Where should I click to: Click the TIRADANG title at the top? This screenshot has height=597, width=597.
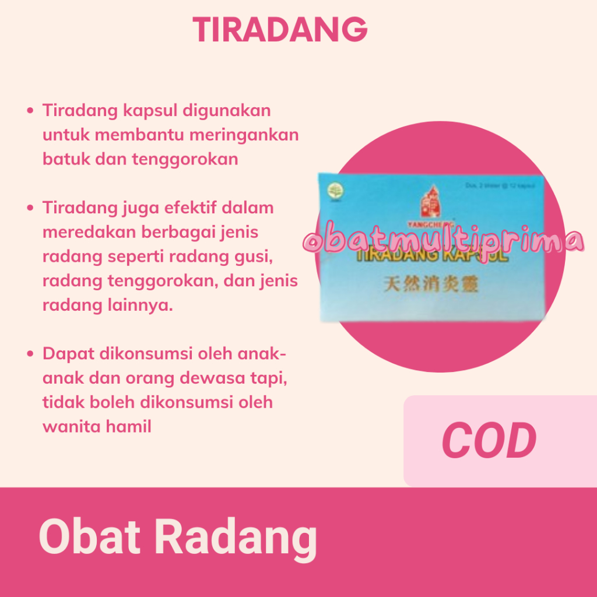[x=280, y=29]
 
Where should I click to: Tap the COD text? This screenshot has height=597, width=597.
[x=489, y=441]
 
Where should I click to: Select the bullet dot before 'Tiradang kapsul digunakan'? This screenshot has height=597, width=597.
[x=30, y=111]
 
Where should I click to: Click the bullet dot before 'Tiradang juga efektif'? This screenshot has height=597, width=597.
[x=30, y=208]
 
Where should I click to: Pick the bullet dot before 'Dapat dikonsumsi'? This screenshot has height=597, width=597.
[x=30, y=354]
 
